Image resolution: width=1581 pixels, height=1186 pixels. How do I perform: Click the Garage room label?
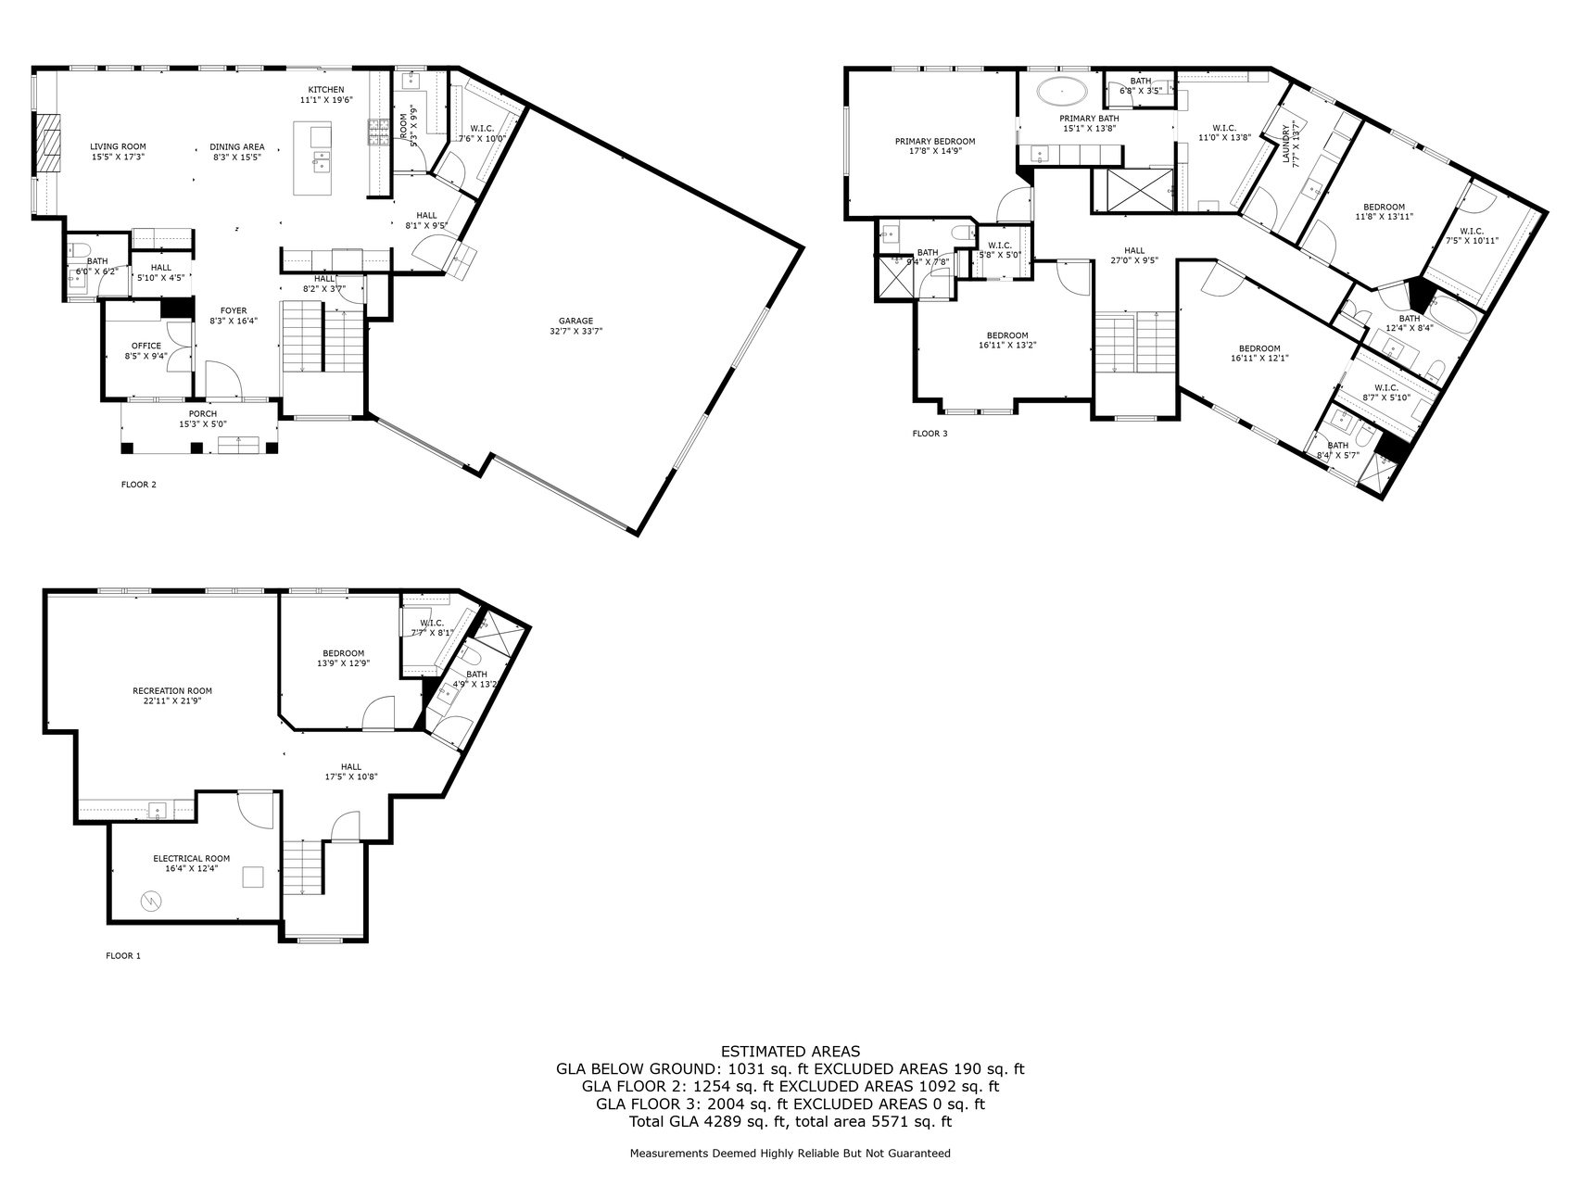pyautogui.click(x=575, y=321)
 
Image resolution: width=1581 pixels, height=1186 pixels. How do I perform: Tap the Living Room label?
pyautogui.click(x=118, y=146)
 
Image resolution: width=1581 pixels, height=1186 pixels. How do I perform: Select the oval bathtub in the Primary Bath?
pyautogui.click(x=1062, y=92)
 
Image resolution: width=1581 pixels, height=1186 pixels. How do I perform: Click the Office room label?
pyautogui.click(x=145, y=346)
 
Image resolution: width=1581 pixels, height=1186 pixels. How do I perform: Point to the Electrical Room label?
pyautogui.click(x=192, y=858)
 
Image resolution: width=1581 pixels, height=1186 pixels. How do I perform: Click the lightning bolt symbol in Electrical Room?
pyautogui.click(x=150, y=900)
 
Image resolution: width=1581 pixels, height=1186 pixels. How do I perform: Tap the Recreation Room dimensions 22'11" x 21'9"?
pyautogui.click(x=172, y=701)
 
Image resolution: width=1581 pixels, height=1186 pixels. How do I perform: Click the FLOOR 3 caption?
pyautogui.click(x=930, y=433)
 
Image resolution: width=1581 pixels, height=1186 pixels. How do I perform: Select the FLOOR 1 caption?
pyautogui.click(x=123, y=955)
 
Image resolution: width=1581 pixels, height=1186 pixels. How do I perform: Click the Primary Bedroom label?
pyautogui.click(x=934, y=142)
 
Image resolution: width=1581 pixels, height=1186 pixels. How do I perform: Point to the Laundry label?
pyautogui.click(x=1286, y=144)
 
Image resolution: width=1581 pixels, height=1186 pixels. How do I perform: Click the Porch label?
pyautogui.click(x=202, y=414)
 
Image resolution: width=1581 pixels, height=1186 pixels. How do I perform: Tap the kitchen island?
pyautogui.click(x=312, y=158)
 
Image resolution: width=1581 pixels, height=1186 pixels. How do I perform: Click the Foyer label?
pyautogui.click(x=234, y=310)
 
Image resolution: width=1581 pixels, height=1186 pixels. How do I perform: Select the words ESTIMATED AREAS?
pyautogui.click(x=790, y=1051)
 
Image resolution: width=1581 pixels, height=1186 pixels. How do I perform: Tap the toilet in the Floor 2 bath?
pyautogui.click(x=79, y=249)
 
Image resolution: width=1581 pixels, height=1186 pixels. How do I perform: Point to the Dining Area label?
pyautogui.click(x=237, y=146)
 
